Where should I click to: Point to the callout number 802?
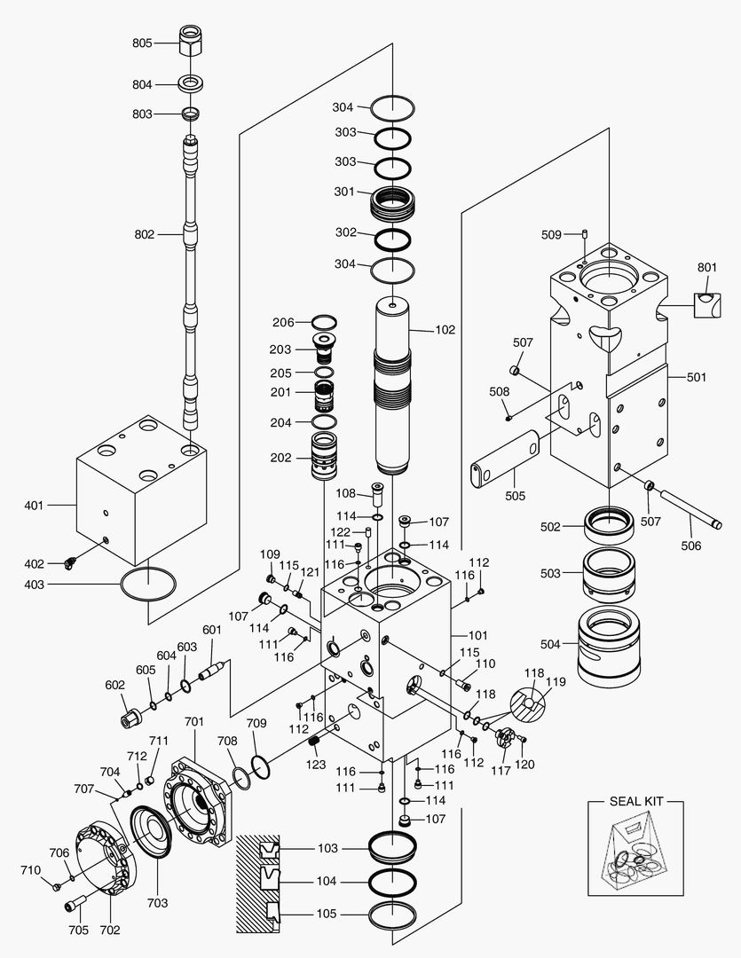(144, 234)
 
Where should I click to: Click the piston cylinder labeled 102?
(392, 390)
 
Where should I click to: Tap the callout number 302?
(345, 232)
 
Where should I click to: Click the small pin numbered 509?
(586, 234)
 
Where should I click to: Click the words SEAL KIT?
(636, 801)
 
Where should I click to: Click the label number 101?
(477, 635)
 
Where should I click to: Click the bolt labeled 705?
(75, 907)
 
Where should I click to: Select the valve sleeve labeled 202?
(328, 457)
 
